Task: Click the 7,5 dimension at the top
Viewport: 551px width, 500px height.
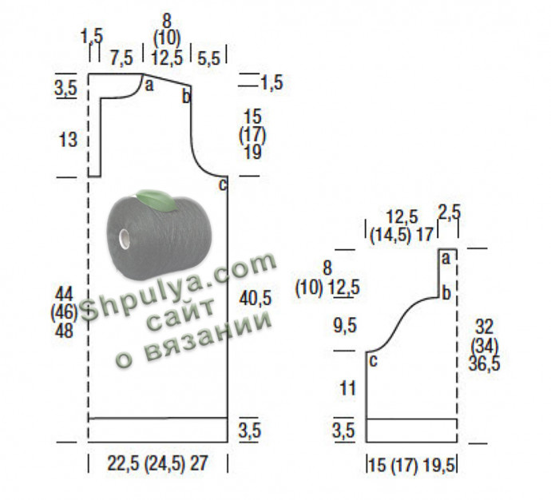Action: tap(121, 58)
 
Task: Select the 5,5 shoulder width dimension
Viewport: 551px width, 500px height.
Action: tap(208, 58)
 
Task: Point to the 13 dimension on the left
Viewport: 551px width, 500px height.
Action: tap(68, 140)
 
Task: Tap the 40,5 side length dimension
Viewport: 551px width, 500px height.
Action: tap(256, 299)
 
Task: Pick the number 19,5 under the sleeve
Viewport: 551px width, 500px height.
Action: tap(439, 466)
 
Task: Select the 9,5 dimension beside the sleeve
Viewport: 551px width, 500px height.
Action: tap(345, 325)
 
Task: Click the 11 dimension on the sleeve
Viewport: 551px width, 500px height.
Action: tap(348, 389)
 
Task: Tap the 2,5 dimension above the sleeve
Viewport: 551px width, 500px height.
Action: tap(450, 212)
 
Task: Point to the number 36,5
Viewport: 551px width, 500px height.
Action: tap(484, 363)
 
